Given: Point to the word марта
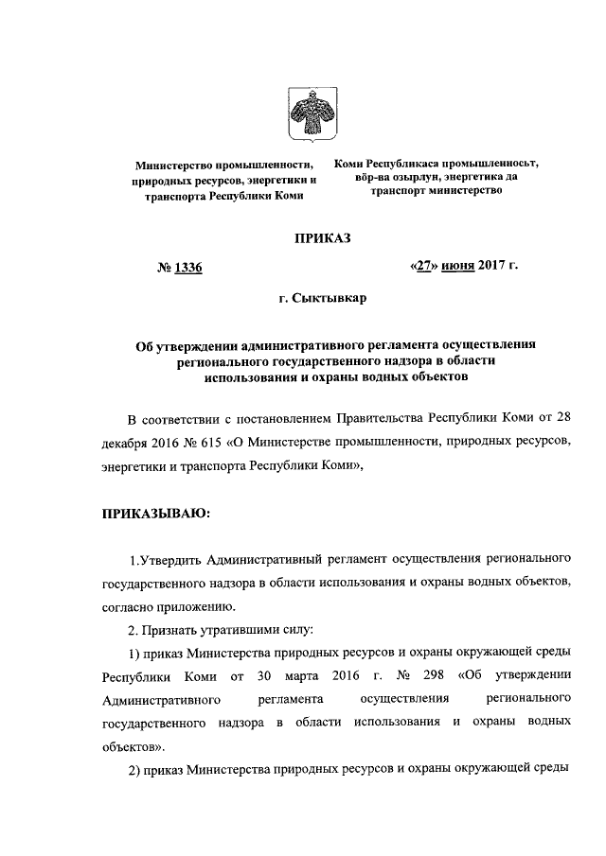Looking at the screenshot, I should [301, 677].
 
